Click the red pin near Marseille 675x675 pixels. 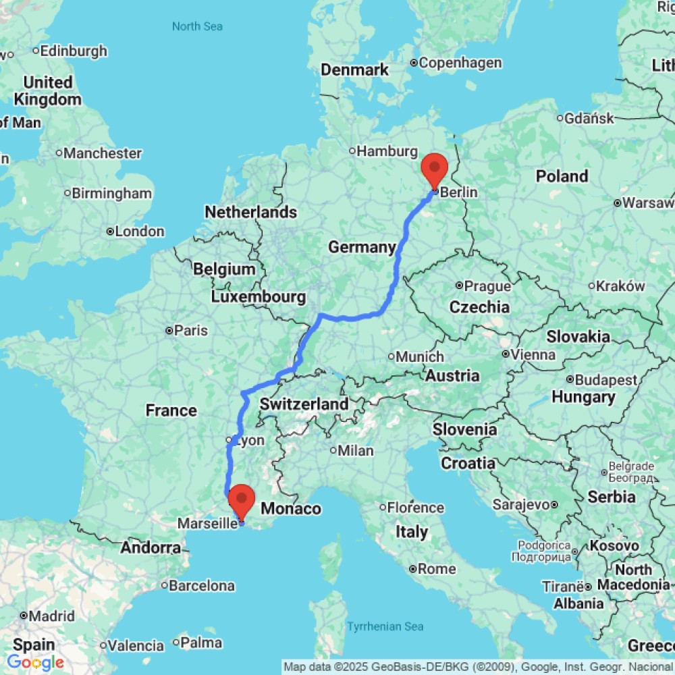click(241, 500)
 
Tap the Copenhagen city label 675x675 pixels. click(460, 63)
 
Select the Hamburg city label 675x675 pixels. click(387, 151)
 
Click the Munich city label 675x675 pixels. click(421, 356)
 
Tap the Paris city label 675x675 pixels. click(192, 331)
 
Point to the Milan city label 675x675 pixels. click(356, 450)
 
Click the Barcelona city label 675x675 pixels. click(201, 585)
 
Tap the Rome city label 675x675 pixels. click(437, 569)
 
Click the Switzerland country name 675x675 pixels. click(304, 404)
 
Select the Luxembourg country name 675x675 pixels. click(259, 296)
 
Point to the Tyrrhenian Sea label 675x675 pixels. click(385, 626)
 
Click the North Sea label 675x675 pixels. click(197, 26)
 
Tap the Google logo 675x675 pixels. click(35, 662)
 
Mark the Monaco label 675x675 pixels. click(291, 508)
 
